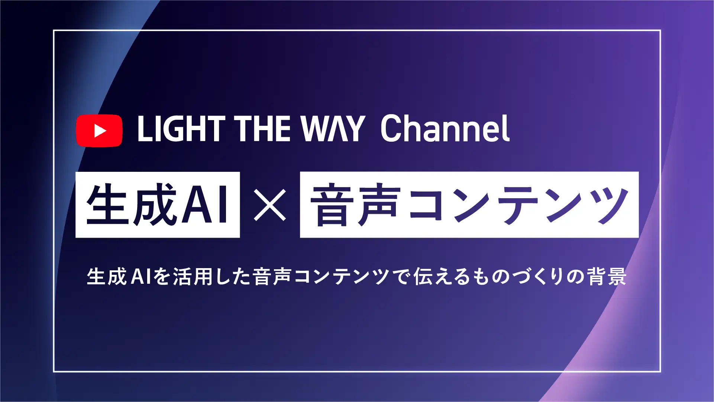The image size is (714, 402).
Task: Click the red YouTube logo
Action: point(99,131)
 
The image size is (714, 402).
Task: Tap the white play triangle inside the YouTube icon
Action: point(100,131)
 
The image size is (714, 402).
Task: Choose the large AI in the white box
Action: point(206,204)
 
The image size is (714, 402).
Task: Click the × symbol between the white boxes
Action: point(270,205)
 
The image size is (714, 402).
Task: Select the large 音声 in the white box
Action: point(355,204)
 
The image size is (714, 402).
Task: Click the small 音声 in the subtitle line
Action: point(271,277)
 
